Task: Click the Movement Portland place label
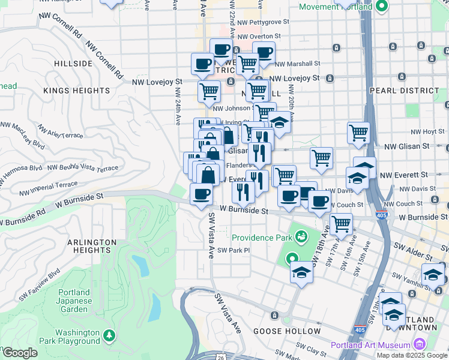pyautogui.click(x=336, y=7)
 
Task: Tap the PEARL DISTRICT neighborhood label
pyautogui.click(x=414, y=91)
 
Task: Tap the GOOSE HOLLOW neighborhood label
pyautogui.click(x=287, y=331)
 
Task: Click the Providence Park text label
pyautogui.click(x=261, y=238)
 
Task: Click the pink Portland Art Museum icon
pyautogui.click(x=419, y=344)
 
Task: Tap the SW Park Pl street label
pyautogui.click(x=233, y=251)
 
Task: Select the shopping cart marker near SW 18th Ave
pyautogui.click(x=341, y=223)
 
